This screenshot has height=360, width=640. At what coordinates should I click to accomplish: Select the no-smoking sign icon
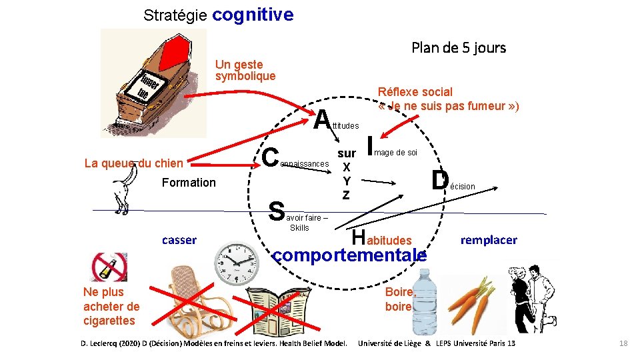(x=109, y=267)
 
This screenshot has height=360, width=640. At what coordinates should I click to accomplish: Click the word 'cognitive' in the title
(x=254, y=15)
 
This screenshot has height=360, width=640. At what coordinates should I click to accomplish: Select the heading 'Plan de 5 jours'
(x=459, y=48)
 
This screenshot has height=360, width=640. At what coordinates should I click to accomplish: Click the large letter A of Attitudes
(x=323, y=121)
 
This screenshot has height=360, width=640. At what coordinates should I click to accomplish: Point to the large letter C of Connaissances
(x=270, y=157)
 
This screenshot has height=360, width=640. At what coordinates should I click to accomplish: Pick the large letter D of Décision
(x=439, y=181)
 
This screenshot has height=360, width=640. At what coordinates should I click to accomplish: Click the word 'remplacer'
(x=489, y=240)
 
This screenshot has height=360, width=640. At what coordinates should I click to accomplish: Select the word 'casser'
(x=179, y=240)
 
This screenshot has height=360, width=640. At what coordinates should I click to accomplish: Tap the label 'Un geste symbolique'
(x=245, y=70)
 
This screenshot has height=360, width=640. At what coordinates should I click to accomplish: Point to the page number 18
(x=623, y=343)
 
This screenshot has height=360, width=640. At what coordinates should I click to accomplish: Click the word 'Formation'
(x=189, y=183)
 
